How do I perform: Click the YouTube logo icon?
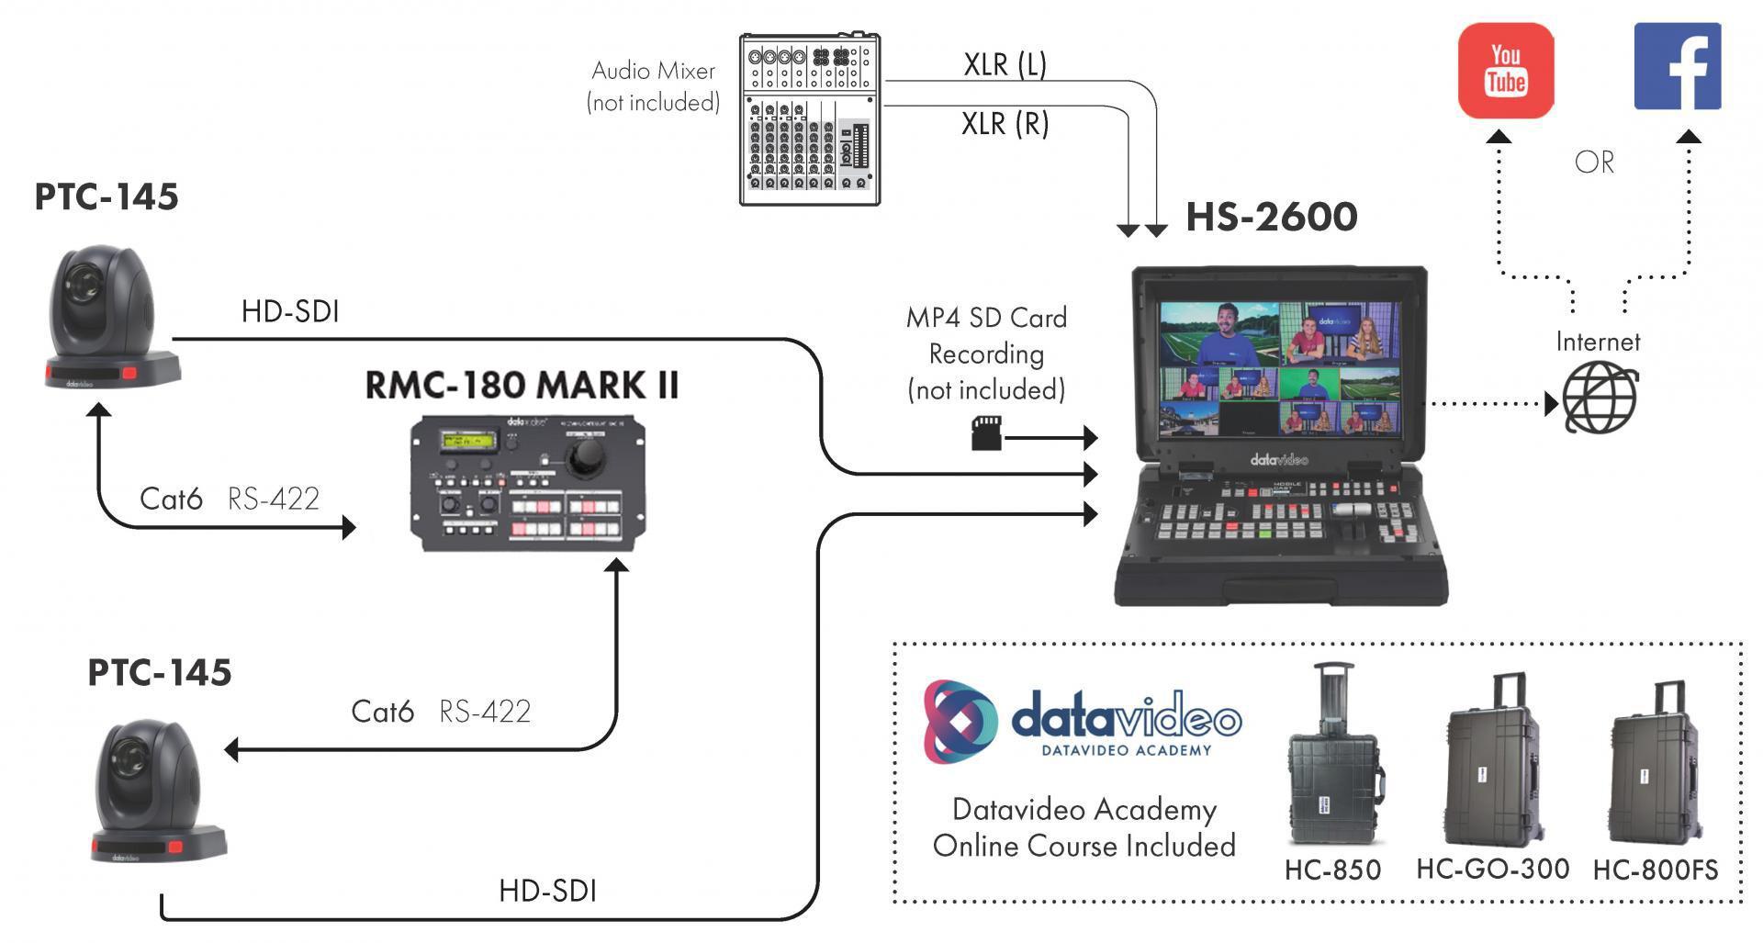point(1506,71)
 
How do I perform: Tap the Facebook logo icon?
point(1677,67)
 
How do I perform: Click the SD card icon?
point(986,433)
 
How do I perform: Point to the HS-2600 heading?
point(1271,218)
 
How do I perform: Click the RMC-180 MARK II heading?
point(522,386)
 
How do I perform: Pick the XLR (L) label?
point(1005,64)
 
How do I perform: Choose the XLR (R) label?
point(1005,123)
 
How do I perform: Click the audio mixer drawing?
point(809,119)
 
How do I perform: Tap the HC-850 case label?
point(1332,870)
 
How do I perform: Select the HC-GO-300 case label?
point(1492,869)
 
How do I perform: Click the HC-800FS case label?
point(1655,870)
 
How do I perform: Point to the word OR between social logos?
point(1594,163)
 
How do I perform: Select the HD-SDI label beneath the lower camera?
point(547,891)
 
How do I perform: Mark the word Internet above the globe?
point(1598,342)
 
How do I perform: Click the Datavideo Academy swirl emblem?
point(960,722)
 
